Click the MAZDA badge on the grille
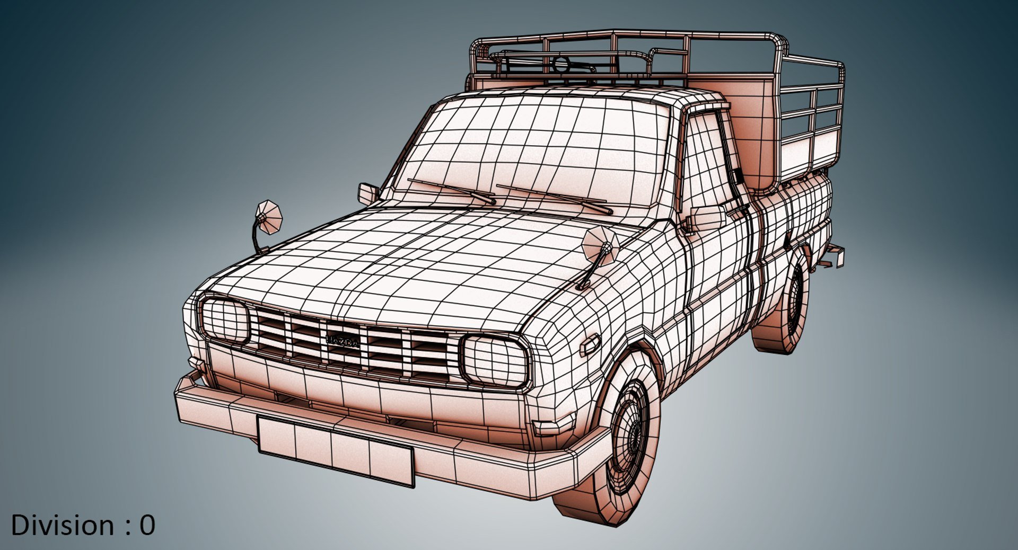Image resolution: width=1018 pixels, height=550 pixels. point(343,341)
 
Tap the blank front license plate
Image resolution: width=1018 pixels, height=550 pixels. point(335,450)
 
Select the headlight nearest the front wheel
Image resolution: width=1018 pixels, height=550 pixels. point(495,361)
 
